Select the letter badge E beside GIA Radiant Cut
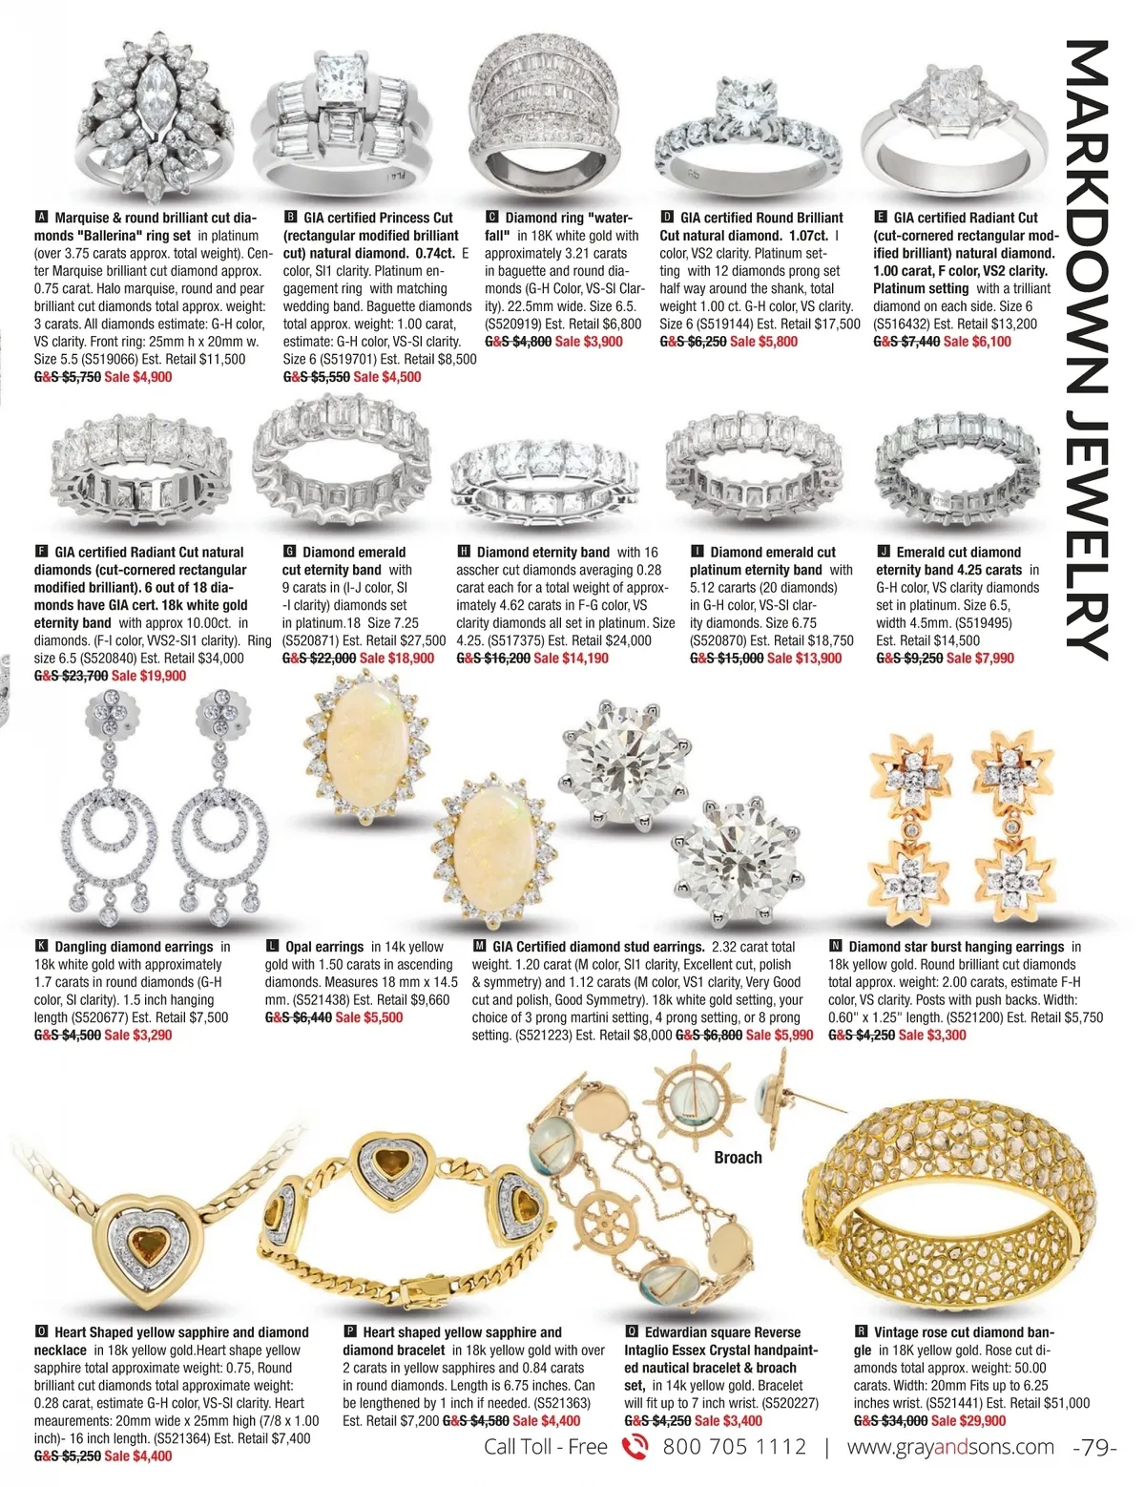[x=880, y=218]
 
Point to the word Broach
[x=738, y=1158]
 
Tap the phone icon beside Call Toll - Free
[x=635, y=1447]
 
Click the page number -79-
[x=1094, y=1447]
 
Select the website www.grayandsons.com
[x=950, y=1447]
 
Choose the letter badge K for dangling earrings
[x=41, y=947]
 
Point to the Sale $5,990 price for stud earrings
[x=780, y=1035]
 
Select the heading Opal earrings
[x=323, y=947]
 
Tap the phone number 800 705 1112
[x=734, y=1447]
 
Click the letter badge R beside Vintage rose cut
[x=861, y=1332]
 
